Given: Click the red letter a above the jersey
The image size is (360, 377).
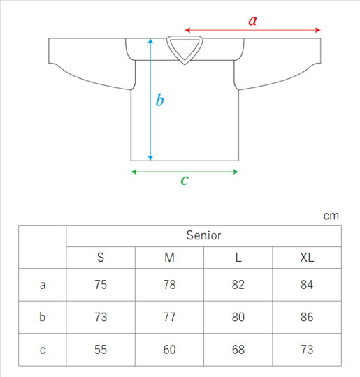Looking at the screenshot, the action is pyautogui.click(x=252, y=21).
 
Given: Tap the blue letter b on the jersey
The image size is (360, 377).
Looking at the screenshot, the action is pyautogui.click(x=159, y=100).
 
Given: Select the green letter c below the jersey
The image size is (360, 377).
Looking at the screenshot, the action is pyautogui.click(x=185, y=180).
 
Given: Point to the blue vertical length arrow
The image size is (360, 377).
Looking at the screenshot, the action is pyautogui.click(x=150, y=100).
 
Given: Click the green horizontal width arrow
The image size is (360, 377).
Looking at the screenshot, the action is pyautogui.click(x=185, y=172).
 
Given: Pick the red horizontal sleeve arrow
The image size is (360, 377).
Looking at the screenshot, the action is pyautogui.click(x=252, y=30).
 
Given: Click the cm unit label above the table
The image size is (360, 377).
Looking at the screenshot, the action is pyautogui.click(x=331, y=216).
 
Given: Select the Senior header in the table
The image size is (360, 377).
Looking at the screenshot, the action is pyautogui.click(x=203, y=235).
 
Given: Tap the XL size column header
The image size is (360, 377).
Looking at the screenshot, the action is pyautogui.click(x=307, y=258).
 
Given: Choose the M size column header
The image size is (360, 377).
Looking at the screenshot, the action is pyautogui.click(x=170, y=258).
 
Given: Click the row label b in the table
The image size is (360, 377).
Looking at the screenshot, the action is pyautogui.click(x=43, y=317).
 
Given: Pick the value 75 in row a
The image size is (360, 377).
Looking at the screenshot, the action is pyautogui.click(x=101, y=285).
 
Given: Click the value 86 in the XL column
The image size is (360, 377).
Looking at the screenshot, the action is pyautogui.click(x=307, y=317).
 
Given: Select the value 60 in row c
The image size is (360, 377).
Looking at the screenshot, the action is pyautogui.click(x=169, y=350).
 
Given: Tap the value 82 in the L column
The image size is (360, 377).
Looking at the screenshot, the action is pyautogui.click(x=238, y=285).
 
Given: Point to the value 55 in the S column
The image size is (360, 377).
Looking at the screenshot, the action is pyautogui.click(x=101, y=350).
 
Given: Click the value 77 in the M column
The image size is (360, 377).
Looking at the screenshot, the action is pyautogui.click(x=169, y=317).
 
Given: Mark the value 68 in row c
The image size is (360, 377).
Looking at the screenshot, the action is pyautogui.click(x=238, y=350).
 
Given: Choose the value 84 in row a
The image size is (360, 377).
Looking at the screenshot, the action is pyautogui.click(x=307, y=285).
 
